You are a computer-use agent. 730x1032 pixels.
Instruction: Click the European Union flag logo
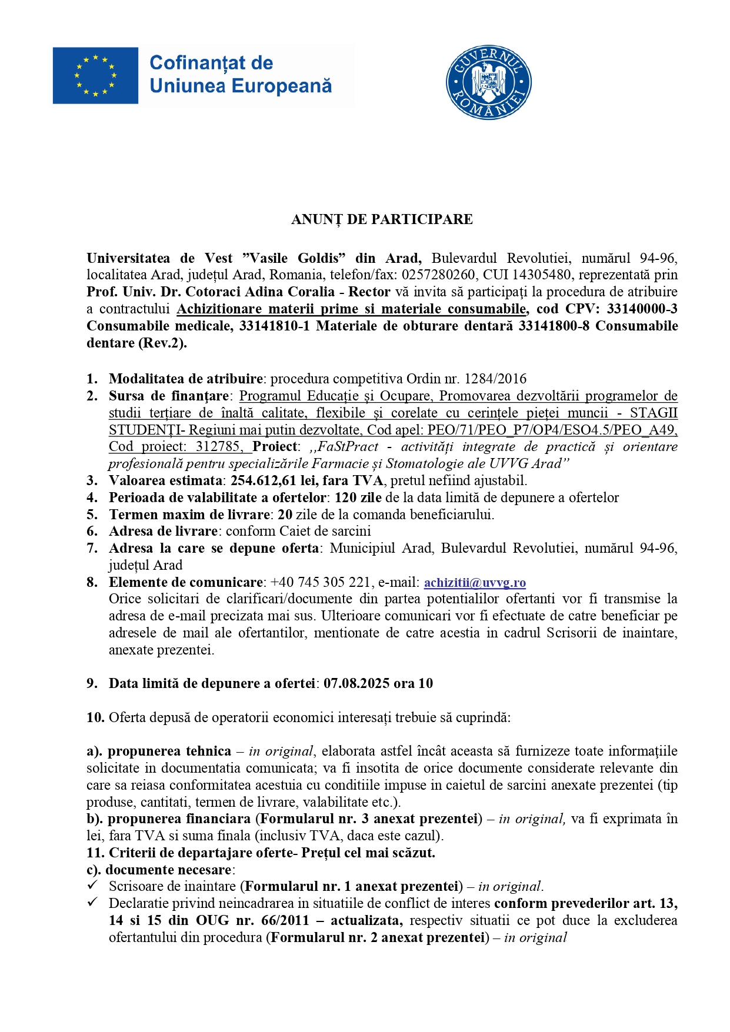point(95,76)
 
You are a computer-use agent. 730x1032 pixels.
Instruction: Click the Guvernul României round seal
point(488,83)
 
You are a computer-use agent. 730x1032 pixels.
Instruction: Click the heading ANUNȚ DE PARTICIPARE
point(382,219)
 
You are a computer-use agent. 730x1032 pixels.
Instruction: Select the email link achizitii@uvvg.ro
point(475,582)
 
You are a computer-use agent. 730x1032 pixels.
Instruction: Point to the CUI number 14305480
point(541,275)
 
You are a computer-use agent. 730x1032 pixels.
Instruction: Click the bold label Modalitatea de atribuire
point(185,379)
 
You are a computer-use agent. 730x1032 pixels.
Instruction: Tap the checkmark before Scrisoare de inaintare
point(92,886)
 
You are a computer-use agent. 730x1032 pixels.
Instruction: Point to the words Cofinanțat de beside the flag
point(211,63)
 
